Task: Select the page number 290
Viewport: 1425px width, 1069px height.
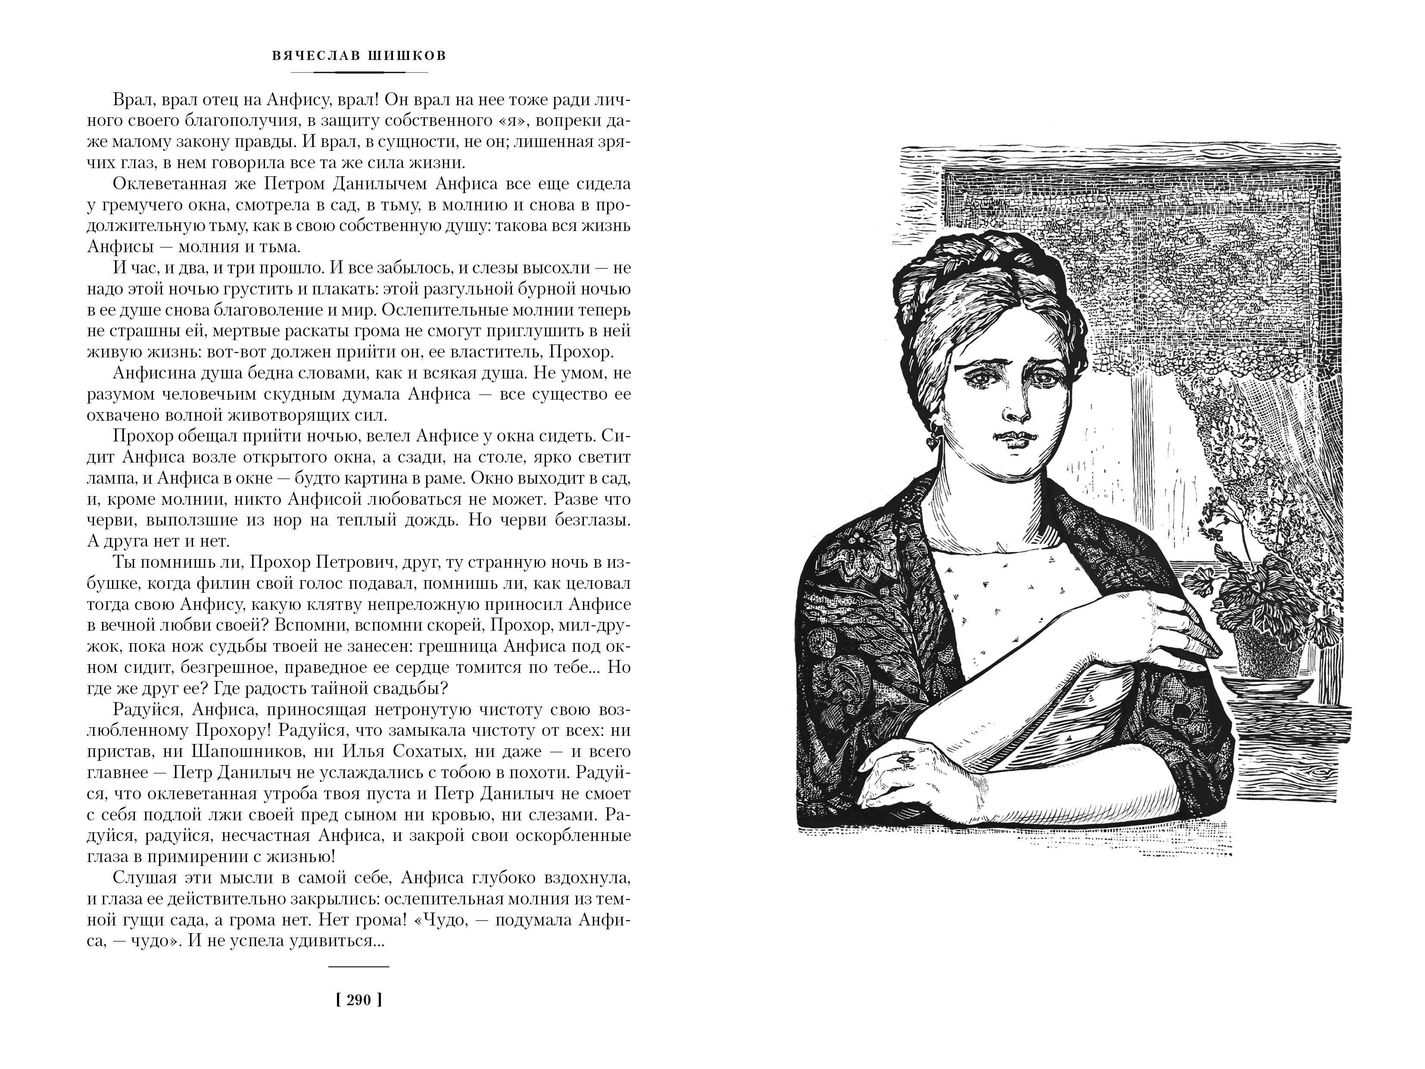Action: [359, 1001]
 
